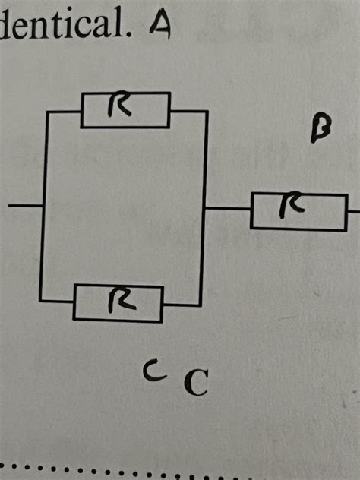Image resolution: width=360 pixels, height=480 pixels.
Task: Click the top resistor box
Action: coord(125,110)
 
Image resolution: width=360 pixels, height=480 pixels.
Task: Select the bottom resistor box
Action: coord(118,302)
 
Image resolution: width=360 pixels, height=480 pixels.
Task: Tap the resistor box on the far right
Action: coord(298,210)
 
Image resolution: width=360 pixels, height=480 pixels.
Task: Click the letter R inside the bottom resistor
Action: coord(120,302)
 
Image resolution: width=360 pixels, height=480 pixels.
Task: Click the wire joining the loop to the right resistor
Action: coord(228,207)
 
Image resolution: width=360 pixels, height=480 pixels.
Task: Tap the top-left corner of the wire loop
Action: coord(48,112)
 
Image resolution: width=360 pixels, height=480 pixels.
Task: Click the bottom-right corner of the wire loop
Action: coord(200,305)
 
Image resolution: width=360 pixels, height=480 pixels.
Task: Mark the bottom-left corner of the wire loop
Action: coord(41,301)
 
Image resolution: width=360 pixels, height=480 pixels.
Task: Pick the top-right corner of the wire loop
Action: coord(207,112)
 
